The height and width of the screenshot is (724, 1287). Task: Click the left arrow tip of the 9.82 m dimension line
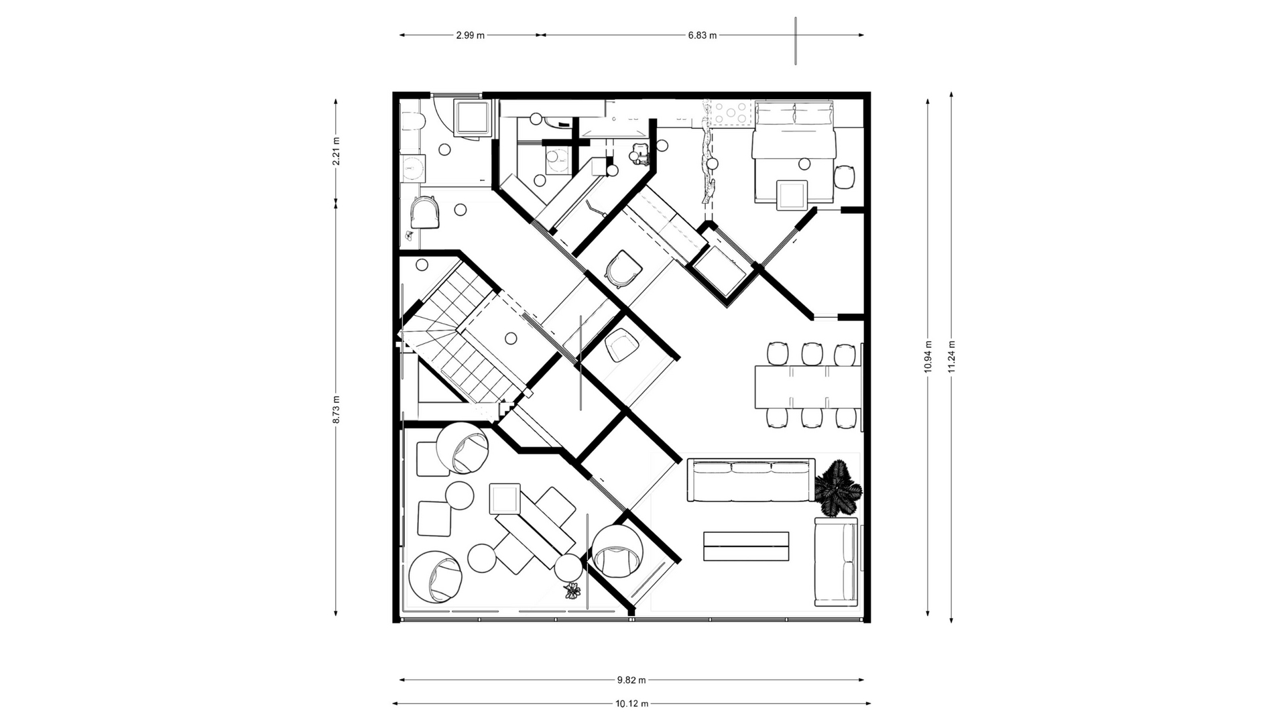(x=400, y=680)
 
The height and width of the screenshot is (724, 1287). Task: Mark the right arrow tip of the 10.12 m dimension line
(x=871, y=704)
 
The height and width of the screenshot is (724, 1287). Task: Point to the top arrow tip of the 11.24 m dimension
(x=952, y=93)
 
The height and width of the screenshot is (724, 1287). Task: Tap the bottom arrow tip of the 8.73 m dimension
(x=336, y=615)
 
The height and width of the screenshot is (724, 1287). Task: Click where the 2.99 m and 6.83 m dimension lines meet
(x=540, y=35)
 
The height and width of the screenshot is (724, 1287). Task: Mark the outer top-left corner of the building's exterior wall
(x=393, y=92)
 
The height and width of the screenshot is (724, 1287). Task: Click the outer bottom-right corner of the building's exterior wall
(x=871, y=623)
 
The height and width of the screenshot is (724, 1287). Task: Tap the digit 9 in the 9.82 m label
(x=620, y=680)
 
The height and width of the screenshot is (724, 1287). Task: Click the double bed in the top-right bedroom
(x=794, y=152)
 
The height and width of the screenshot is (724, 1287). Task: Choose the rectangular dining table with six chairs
(x=808, y=387)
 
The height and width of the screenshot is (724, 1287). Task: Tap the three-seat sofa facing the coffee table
(x=751, y=480)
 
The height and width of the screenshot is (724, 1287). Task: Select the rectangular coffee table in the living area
(x=746, y=546)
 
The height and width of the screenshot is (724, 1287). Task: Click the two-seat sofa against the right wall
(x=837, y=562)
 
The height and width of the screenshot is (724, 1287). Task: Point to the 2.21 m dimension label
(x=336, y=152)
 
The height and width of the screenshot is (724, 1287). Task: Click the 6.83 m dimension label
(x=702, y=35)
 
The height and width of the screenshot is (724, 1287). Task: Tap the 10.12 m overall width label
(x=631, y=704)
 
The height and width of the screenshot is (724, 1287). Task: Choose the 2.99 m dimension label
(x=470, y=35)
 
